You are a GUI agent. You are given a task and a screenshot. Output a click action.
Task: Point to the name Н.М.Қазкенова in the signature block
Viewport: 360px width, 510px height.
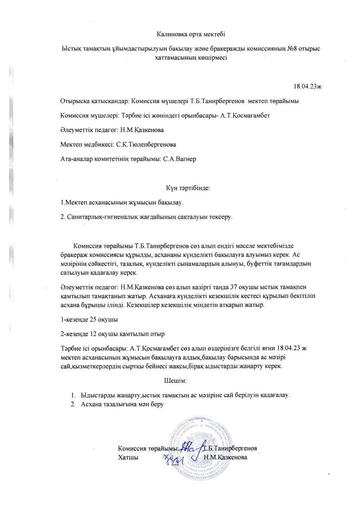pyautogui.click(x=226, y=457)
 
